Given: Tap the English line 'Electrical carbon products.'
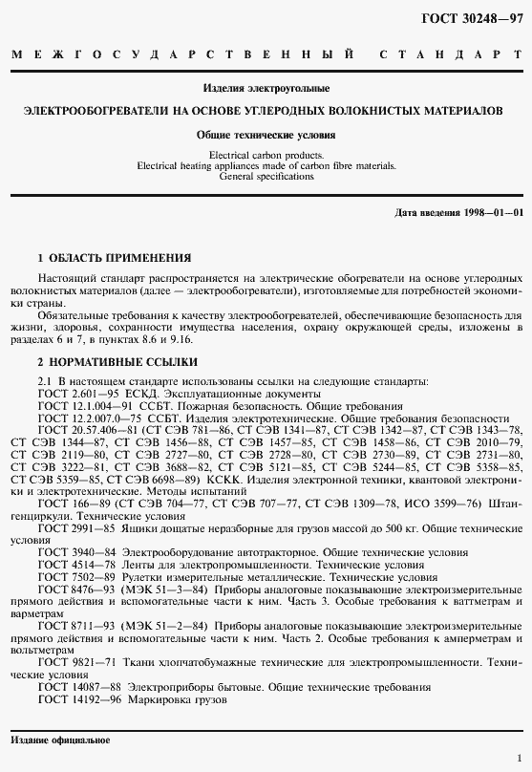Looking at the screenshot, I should pos(266,154).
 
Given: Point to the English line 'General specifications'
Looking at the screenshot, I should pos(266,177).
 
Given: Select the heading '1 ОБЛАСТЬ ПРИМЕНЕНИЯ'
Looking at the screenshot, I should pos(114,258).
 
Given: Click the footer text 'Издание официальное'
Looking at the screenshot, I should pos(60,740).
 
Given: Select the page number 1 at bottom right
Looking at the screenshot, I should pos(518,755).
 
